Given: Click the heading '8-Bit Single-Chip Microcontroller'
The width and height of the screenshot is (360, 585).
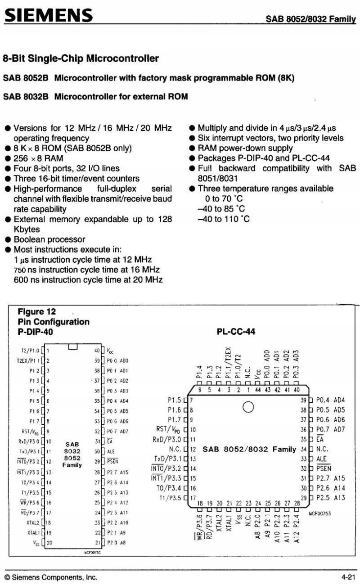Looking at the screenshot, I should [81, 58].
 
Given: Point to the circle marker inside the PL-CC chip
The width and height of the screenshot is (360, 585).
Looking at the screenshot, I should [248, 407].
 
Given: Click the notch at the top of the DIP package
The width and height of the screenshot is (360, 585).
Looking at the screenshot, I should [73, 346].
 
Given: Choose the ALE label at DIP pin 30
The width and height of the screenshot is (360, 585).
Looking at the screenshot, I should [111, 451].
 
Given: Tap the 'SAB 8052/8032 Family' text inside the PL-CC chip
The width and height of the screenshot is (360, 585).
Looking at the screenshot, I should [249, 449].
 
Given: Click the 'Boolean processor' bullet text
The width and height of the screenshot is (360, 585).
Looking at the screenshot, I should [49, 239].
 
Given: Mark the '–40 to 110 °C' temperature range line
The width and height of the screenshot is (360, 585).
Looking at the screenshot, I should [224, 219].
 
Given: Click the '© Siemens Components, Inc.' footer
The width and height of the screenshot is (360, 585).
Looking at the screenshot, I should [50, 577].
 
